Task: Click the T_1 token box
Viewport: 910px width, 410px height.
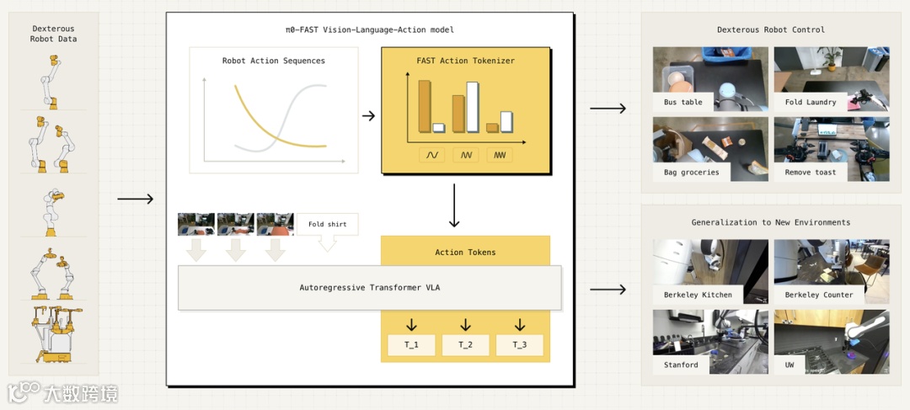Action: point(411,345)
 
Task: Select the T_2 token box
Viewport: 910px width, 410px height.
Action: point(465,345)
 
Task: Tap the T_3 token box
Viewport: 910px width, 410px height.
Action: point(519,345)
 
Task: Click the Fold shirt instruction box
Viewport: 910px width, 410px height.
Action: point(327,225)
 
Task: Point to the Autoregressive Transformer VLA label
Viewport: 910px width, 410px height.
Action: point(370,288)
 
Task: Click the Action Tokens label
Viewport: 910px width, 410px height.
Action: point(465,252)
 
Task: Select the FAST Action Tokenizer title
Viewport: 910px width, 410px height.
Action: point(465,61)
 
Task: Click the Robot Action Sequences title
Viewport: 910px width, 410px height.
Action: point(274,61)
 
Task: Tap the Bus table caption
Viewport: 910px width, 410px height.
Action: point(682,103)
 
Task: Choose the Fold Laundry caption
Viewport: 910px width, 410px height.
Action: point(811,103)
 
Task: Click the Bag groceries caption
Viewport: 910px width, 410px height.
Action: point(691,173)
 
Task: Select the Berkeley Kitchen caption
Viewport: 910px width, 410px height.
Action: point(698,296)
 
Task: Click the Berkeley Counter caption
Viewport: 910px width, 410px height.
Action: point(819,296)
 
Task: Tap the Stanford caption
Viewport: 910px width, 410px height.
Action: point(681,365)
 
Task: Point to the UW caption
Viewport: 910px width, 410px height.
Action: point(790,365)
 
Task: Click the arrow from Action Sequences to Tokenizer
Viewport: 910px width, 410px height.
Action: point(368,115)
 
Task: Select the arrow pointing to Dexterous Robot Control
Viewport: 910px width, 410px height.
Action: point(608,108)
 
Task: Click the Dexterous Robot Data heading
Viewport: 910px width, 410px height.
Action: point(52,34)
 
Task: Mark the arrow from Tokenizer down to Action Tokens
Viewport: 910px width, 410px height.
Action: point(454,205)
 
